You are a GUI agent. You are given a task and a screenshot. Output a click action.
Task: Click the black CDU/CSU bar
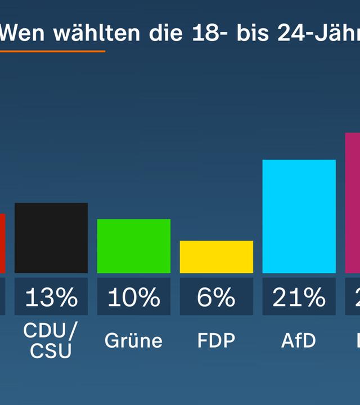coord(51,238)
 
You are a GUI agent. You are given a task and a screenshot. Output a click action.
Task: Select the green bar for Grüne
coord(134,246)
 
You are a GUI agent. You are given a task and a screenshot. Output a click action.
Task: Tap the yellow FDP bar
coord(217,257)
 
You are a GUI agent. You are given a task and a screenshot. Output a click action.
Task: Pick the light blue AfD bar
coord(299,217)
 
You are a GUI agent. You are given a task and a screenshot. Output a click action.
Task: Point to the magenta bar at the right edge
coord(353,202)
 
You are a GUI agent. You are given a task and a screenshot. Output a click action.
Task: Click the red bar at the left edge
coord(2,243)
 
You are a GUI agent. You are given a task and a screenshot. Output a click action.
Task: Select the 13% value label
coord(51,297)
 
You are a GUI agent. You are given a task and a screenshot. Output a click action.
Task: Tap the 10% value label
coord(134,297)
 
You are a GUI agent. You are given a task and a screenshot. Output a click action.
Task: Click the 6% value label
coord(217,297)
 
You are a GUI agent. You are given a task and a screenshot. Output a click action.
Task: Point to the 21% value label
coord(299,297)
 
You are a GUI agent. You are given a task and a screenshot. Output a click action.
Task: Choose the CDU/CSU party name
coord(51,340)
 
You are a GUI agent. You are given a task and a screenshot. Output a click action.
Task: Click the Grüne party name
coord(134,340)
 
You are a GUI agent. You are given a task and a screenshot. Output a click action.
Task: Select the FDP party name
coord(217,340)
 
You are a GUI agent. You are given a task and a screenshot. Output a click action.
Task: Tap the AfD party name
coord(299,340)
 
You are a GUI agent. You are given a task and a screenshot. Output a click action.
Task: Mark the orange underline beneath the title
coord(52,51)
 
